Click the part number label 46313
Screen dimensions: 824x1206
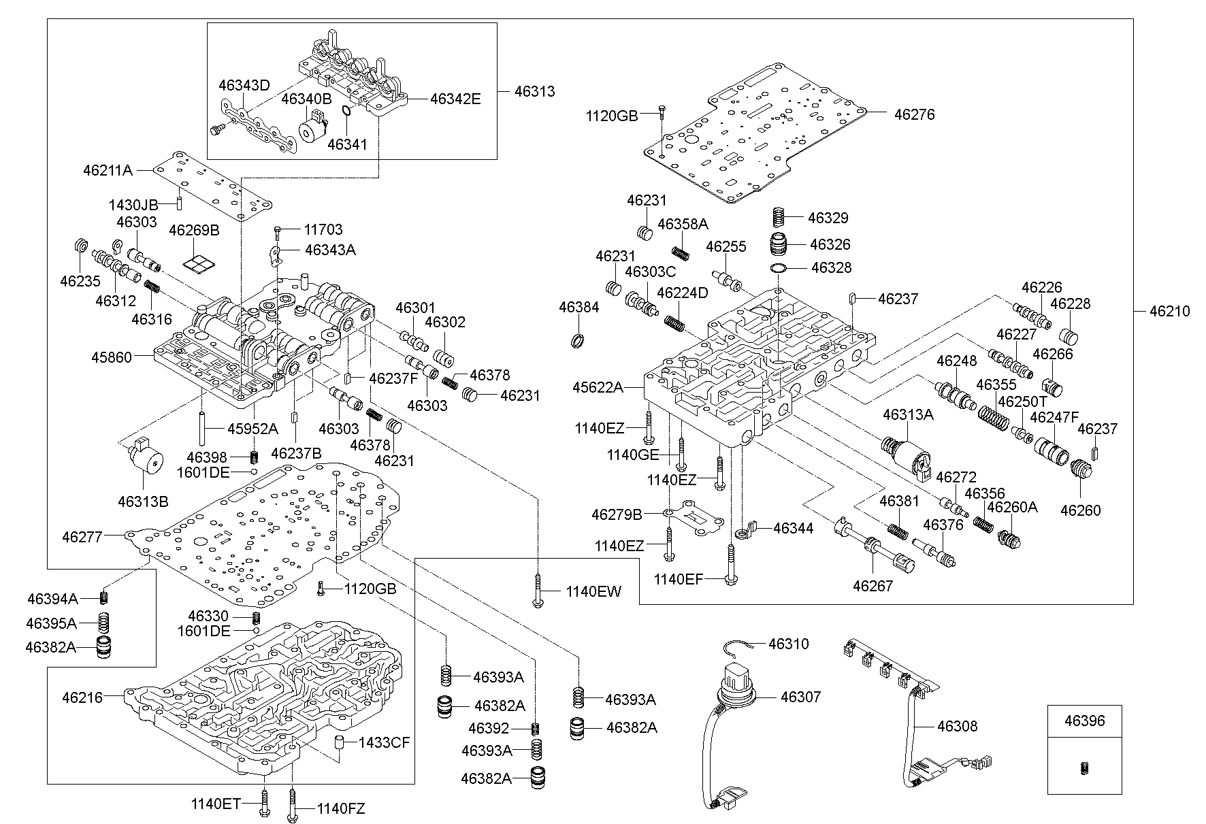(534, 91)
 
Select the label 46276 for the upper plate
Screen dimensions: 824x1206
(914, 114)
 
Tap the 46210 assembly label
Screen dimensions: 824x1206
(1169, 311)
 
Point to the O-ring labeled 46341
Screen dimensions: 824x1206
(346, 112)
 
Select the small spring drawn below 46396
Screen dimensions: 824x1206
(1084, 768)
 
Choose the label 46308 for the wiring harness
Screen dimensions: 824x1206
(957, 726)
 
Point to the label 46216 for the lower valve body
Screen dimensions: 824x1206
(82, 697)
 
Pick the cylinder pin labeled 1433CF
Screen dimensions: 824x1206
(337, 742)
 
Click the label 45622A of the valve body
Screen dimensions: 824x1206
(598, 387)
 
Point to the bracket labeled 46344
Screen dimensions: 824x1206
(747, 529)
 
